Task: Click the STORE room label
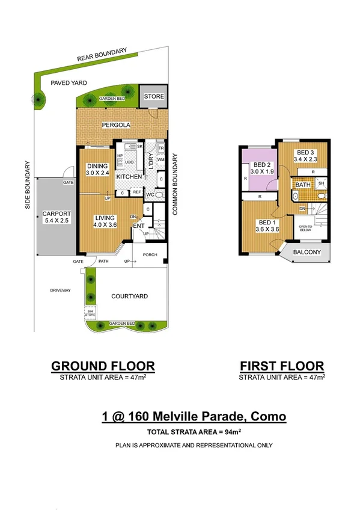point(153,97)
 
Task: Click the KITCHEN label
point(129,177)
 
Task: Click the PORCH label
point(150,254)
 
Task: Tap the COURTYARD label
point(130,296)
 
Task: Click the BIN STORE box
point(90,313)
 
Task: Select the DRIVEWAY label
point(61,290)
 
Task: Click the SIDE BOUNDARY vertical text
point(28,184)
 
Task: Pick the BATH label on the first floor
point(302,185)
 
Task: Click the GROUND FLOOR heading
point(103,366)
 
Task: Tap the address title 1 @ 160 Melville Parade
point(193,416)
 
